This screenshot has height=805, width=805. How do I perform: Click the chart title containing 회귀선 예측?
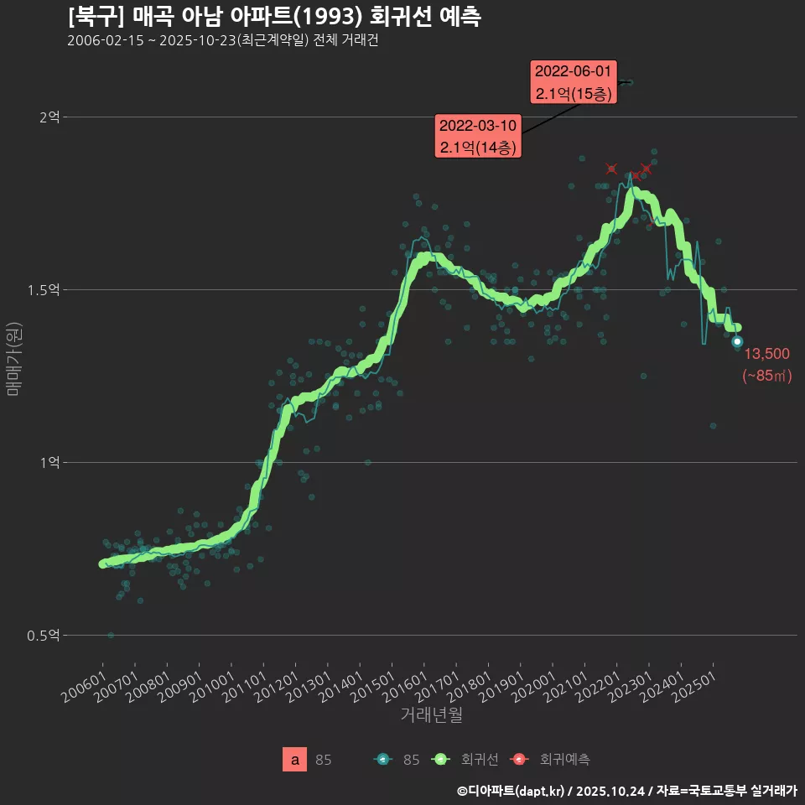(273, 17)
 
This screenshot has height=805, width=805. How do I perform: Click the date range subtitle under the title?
(222, 41)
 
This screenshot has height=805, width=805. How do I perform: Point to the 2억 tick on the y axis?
(49, 117)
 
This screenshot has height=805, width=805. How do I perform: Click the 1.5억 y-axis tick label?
(44, 290)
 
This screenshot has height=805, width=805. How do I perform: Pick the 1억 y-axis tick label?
(49, 463)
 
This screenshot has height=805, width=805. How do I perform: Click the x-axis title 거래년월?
(431, 714)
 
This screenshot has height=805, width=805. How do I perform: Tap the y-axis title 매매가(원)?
(14, 359)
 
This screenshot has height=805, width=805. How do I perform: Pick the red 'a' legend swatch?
(294, 760)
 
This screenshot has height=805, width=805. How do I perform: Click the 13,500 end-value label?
(766, 354)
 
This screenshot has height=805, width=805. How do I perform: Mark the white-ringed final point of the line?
(737, 341)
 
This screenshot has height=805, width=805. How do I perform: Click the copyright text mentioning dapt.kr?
(626, 791)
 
